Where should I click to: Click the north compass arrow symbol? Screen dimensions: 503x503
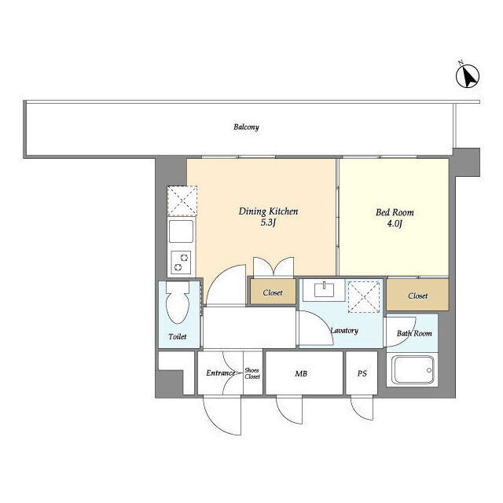point(468,75)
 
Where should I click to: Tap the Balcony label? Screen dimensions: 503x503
point(246,127)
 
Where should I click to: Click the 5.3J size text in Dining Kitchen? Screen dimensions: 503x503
point(268,222)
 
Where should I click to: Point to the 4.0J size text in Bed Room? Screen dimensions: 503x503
point(395,223)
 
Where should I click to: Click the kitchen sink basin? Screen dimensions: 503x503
point(182,231)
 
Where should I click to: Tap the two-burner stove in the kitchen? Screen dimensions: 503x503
point(181,263)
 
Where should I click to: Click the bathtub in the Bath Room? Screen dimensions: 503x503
point(413,370)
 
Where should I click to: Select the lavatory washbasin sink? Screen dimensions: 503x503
point(325,290)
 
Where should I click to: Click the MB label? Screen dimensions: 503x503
point(301,373)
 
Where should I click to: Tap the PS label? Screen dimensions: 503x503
point(362,373)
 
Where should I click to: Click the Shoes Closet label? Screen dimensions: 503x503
point(252,373)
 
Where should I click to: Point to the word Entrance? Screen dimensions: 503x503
point(220,373)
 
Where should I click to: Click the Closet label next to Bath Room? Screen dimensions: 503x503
point(417,296)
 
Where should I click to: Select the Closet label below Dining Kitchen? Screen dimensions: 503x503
point(273,292)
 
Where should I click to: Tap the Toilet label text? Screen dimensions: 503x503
point(178,336)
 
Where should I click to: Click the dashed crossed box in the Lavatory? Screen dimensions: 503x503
point(364,297)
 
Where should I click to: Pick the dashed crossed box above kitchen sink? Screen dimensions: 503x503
point(182,201)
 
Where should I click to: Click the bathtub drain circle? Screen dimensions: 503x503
point(429,370)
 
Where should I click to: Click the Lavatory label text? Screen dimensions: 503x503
point(344,330)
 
